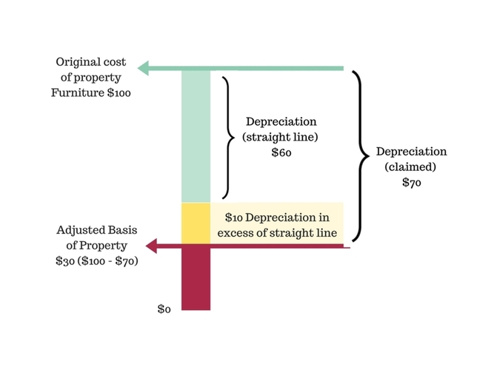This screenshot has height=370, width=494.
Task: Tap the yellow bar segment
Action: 196,223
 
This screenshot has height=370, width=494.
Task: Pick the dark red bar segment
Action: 196,277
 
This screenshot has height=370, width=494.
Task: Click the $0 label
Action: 164,309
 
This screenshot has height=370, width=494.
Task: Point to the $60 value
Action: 281,152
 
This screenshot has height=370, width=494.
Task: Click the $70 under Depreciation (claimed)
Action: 411,184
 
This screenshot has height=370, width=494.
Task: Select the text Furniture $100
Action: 90,94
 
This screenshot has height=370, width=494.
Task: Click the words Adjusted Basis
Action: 96,230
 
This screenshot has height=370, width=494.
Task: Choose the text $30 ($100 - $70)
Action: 96,262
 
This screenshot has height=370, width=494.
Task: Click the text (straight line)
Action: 281,137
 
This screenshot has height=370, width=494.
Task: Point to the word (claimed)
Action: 411,167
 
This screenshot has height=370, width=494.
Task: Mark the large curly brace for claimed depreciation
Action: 361,156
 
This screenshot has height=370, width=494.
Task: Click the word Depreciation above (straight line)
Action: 281,121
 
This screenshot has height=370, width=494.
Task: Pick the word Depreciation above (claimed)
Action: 411,152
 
